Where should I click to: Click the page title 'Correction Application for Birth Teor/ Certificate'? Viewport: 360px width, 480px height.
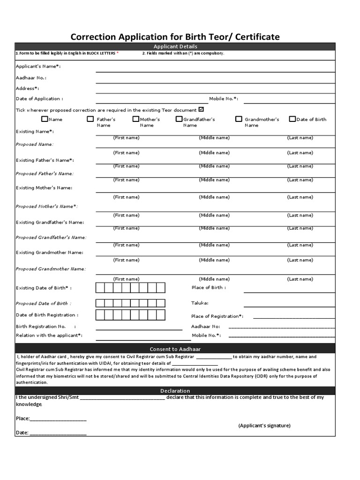click(x=175, y=36)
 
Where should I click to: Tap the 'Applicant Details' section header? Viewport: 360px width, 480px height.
click(x=175, y=46)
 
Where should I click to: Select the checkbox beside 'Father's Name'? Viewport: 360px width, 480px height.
click(x=90, y=119)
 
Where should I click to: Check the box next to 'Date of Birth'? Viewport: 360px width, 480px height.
click(x=292, y=119)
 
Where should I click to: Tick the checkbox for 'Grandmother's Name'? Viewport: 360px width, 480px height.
click(x=239, y=119)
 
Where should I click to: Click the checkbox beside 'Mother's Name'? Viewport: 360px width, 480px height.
click(x=135, y=119)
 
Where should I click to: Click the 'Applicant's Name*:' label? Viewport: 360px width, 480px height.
click(x=38, y=67)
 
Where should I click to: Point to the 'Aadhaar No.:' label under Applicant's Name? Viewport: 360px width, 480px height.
click(x=31, y=78)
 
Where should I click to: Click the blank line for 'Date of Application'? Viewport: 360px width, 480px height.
click(x=152, y=101)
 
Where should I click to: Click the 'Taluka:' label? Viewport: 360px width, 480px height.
click(x=200, y=303)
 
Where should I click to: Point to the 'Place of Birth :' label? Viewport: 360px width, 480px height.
click(x=209, y=287)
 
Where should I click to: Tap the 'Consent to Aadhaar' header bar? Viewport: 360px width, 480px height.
click(x=175, y=349)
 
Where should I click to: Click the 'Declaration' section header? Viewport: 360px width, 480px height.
click(x=175, y=390)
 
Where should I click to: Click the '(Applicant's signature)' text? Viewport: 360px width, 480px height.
click(x=264, y=426)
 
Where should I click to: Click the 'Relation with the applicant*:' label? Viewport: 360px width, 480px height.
click(x=49, y=335)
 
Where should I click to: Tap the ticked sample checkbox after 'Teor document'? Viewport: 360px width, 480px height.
click(x=201, y=109)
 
